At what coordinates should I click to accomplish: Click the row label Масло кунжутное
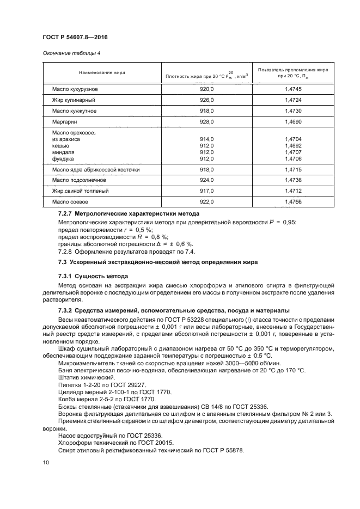pos(74,111)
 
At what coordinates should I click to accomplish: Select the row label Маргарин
pos(64,122)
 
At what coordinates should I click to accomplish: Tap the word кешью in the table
pos(60,146)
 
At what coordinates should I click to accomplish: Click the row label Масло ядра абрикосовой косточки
pos(96,170)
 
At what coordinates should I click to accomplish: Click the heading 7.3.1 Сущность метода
pos(93,277)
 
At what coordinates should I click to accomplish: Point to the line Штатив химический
pos(86,377)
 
